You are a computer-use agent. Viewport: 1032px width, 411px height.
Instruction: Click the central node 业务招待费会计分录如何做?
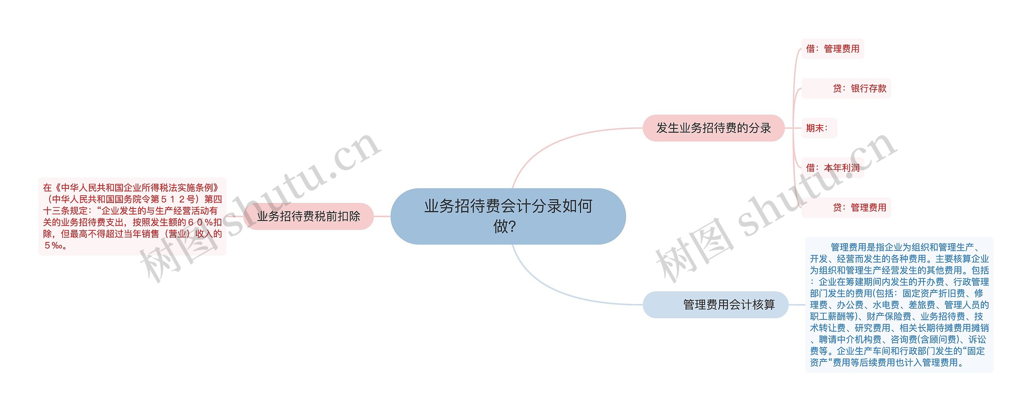508,216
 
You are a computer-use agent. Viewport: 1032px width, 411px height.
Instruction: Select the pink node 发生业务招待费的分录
713,128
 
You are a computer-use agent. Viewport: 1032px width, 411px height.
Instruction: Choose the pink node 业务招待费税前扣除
308,216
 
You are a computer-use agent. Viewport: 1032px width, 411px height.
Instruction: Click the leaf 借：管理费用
832,49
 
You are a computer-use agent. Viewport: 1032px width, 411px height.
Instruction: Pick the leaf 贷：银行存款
859,88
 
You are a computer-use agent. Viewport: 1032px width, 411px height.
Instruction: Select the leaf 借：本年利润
832,168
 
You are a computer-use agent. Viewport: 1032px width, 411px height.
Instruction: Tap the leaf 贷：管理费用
859,207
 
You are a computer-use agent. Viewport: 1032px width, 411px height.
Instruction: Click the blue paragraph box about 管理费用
899,305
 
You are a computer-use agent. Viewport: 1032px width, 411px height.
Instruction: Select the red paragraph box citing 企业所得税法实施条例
132,216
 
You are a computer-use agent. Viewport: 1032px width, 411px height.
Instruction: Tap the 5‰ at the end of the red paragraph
55,245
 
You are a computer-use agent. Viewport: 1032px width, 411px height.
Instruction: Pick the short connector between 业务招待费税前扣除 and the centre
382,216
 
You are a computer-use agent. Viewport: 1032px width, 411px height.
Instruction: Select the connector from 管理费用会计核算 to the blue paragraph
797,305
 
